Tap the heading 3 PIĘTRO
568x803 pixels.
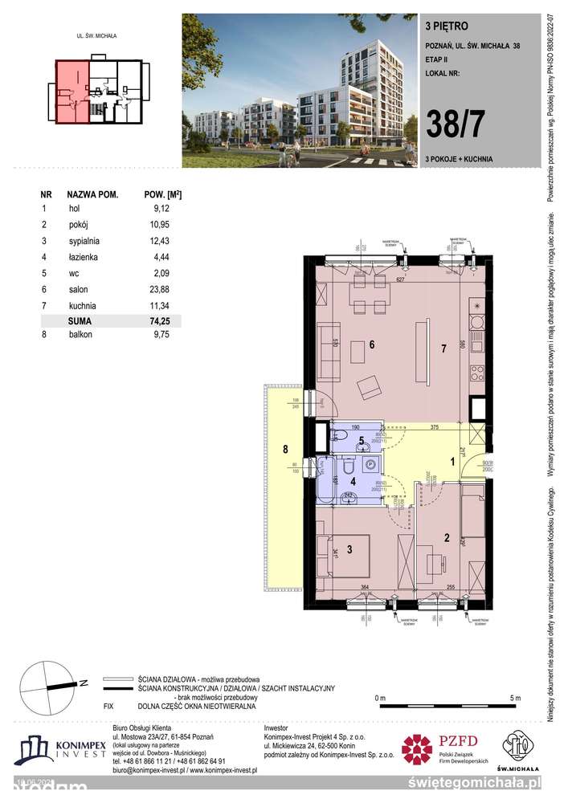(443, 25)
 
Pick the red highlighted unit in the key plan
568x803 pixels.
(72, 93)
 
